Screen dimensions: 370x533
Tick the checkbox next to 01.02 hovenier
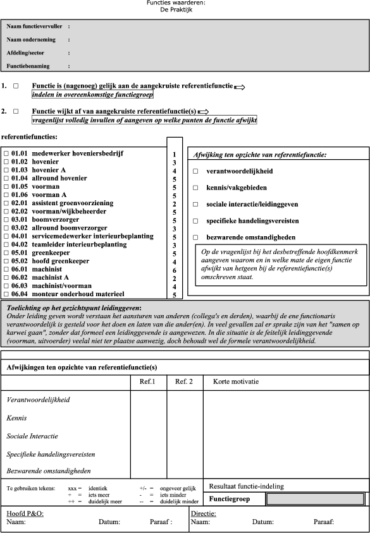click(x=6, y=162)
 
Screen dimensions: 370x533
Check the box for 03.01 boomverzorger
click(x=6, y=219)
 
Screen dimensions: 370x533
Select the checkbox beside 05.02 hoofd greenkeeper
click(x=6, y=260)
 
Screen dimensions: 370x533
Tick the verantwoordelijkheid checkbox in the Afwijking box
click(x=195, y=171)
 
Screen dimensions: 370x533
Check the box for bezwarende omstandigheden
click(x=195, y=237)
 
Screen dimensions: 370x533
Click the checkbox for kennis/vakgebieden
click(x=195, y=188)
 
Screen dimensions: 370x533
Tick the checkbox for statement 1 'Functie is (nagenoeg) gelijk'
click(x=16, y=85)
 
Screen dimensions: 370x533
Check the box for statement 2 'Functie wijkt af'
click(x=16, y=111)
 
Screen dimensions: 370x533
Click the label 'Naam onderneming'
click(x=31, y=40)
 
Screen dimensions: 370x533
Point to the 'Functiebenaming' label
click(x=29, y=66)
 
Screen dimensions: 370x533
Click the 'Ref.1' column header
click(x=147, y=381)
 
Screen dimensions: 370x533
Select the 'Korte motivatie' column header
click(x=236, y=381)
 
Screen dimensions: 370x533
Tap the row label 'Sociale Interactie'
click(x=32, y=436)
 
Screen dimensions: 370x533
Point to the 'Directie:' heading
click(x=204, y=514)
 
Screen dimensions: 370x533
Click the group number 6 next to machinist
click(x=174, y=269)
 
